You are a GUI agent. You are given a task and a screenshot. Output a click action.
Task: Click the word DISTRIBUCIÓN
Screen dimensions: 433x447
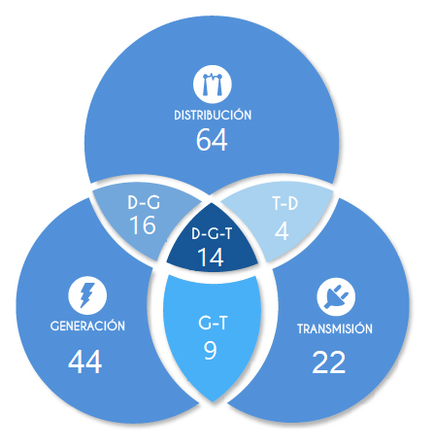click(x=213, y=115)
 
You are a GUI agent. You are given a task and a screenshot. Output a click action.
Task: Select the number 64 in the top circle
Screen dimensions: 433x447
click(x=212, y=140)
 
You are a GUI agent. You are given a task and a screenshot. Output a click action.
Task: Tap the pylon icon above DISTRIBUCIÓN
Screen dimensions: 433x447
click(x=213, y=85)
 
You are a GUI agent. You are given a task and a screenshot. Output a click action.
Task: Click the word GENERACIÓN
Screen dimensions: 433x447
click(x=87, y=325)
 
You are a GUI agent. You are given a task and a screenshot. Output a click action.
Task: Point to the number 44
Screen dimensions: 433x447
click(x=85, y=361)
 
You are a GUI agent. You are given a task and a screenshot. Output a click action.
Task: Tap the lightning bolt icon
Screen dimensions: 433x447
click(x=87, y=295)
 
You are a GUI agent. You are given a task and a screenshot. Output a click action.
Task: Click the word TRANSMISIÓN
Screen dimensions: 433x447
click(x=335, y=328)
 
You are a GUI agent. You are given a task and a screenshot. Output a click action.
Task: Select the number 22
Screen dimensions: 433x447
click(x=329, y=362)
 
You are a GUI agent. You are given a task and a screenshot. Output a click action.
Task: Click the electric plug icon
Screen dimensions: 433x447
click(x=336, y=296)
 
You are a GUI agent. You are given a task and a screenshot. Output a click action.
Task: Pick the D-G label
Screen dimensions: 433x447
click(x=144, y=202)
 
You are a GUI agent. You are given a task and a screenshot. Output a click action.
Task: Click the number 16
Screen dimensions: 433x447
click(x=143, y=224)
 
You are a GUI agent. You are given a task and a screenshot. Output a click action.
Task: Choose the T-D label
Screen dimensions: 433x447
click(x=284, y=203)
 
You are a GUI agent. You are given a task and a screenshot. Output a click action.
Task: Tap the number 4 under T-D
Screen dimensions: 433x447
click(x=282, y=231)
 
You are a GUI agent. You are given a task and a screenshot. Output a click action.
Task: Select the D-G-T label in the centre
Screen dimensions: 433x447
click(x=212, y=233)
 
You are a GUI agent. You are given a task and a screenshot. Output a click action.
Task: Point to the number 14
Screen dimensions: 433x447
click(x=211, y=258)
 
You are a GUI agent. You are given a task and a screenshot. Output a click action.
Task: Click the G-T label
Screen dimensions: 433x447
click(x=213, y=323)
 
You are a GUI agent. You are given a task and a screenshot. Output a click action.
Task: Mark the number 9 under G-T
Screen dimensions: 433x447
click(x=211, y=350)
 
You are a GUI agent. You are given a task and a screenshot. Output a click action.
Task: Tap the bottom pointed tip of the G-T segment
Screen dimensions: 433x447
click(x=213, y=401)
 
